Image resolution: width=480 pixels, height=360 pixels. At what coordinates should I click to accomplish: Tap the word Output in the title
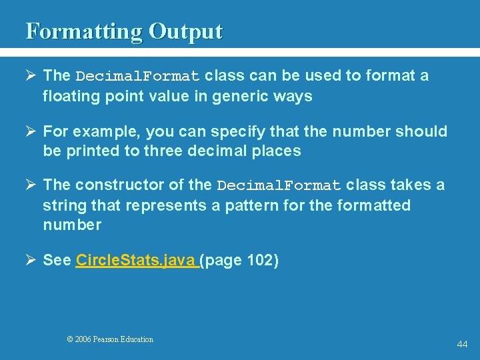tap(185, 31)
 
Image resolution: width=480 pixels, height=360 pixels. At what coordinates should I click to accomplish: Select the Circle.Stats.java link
tap(137, 260)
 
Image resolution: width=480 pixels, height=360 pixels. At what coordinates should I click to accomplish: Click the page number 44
tap(462, 344)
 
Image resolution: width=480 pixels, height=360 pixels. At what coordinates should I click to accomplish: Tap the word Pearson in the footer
tap(107, 339)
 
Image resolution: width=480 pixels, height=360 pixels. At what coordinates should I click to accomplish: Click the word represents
tap(158, 205)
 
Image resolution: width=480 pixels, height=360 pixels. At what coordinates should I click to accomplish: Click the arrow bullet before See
tap(31, 260)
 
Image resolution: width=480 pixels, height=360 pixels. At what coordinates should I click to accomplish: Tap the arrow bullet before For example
tap(31, 131)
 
